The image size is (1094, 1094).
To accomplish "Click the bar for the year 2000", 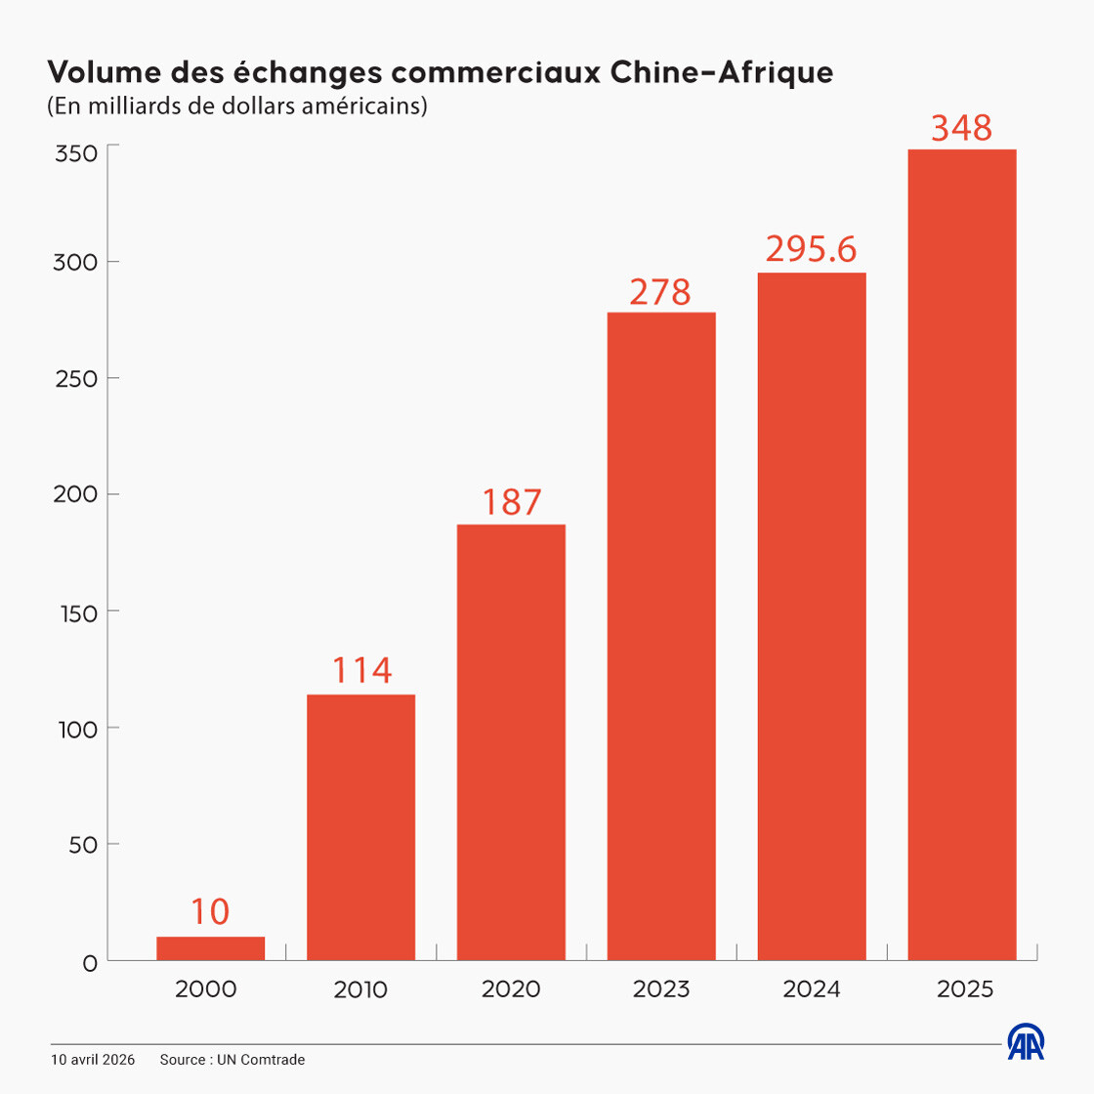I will pyautogui.click(x=210, y=948).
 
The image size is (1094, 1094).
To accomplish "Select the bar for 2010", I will pyautogui.click(x=360, y=827).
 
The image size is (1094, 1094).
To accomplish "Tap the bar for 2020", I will pyautogui.click(x=511, y=742).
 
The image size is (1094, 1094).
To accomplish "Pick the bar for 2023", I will pyautogui.click(x=661, y=636).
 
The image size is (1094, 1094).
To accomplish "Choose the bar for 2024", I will pyautogui.click(x=812, y=616).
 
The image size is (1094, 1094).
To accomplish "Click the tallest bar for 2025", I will pyautogui.click(x=962, y=555).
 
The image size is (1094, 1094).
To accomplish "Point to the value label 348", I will pyautogui.click(x=962, y=128).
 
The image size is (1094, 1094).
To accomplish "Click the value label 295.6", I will pyautogui.click(x=811, y=250).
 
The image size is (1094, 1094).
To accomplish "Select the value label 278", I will pyautogui.click(x=660, y=291).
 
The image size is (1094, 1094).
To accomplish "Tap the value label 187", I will pyautogui.click(x=511, y=502).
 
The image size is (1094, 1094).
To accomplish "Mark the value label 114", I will pyautogui.click(x=361, y=671).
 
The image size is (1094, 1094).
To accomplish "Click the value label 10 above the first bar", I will pyautogui.click(x=210, y=912).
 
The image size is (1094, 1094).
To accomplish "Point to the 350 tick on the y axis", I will pyautogui.click(x=75, y=153).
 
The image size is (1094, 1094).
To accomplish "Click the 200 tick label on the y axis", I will pyautogui.click(x=75, y=494).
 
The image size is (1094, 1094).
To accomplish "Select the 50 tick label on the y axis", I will pyautogui.click(x=83, y=845).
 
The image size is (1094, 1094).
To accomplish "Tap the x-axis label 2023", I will pyautogui.click(x=661, y=989).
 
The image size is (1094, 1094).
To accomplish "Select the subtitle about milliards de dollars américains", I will pyautogui.click(x=237, y=105).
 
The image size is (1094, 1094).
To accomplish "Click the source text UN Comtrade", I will pyautogui.click(x=261, y=1060).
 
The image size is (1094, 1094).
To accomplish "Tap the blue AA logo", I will pyautogui.click(x=1026, y=1042).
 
